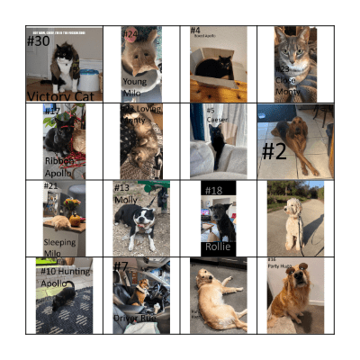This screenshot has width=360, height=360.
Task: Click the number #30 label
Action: point(39,41)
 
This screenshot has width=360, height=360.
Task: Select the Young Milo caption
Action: point(134,85)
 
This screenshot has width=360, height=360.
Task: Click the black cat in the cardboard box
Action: point(216,67)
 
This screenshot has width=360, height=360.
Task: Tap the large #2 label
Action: point(274,150)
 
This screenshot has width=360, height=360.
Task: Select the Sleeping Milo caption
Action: point(59,247)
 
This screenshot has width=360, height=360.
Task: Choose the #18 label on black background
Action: point(213,191)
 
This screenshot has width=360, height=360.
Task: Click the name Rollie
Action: point(218,247)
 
